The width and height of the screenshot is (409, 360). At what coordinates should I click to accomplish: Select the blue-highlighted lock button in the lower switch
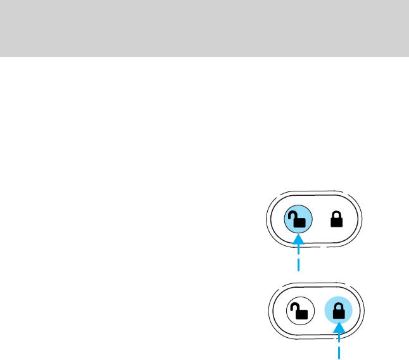tap(339, 311)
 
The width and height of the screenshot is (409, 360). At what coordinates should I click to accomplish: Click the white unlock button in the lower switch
tap(298, 311)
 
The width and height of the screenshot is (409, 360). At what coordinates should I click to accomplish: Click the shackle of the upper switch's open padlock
tap(293, 215)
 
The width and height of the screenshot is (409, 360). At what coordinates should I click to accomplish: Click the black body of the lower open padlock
tap(299, 313)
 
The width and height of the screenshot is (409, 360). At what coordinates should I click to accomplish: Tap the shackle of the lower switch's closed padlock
tap(339, 306)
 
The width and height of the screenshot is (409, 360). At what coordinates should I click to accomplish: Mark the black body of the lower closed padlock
tap(339, 313)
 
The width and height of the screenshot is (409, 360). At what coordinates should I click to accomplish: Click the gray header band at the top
tap(204, 28)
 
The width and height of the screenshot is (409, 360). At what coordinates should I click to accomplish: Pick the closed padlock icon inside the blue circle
tap(339, 311)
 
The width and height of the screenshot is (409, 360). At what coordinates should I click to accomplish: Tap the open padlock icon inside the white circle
tap(298, 311)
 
